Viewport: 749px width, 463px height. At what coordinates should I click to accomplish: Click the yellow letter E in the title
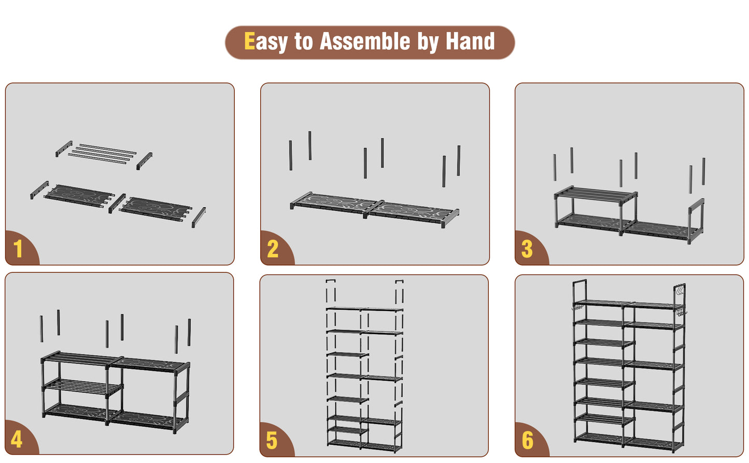249,41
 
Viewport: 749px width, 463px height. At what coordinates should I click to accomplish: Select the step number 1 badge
18,249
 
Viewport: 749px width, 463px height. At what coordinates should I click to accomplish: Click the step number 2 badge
273,249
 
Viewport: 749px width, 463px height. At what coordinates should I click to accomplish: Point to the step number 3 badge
527,249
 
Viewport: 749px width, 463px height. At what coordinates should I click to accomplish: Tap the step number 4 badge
17,439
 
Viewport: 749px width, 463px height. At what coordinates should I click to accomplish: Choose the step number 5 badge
272,440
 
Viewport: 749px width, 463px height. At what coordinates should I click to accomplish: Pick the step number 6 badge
528,440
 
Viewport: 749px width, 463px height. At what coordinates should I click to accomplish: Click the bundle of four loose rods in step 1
102,154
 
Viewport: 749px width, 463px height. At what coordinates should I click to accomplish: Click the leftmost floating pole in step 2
291,155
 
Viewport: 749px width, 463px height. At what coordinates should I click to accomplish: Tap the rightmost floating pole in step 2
459,161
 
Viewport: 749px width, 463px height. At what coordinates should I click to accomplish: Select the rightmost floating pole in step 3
703,171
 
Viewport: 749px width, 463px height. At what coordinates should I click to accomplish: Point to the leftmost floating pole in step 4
41,329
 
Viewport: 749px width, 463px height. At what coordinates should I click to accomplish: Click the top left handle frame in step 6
580,290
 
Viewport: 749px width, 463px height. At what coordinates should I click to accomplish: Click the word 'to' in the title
304,41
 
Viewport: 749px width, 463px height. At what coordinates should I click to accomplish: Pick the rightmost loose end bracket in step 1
199,218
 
